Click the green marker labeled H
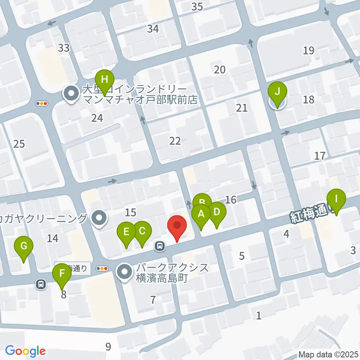coord(105,79)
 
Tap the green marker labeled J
coord(277,91)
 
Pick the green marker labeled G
coord(24,247)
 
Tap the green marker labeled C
coord(142,231)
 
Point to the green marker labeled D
coord(216,211)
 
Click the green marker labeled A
coord(201,214)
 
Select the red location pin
coord(177,225)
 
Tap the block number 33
coord(64,48)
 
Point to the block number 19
coord(309,50)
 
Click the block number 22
coord(175,141)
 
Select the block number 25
coord(19,144)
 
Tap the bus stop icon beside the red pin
coord(160,246)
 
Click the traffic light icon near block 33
coord(41,103)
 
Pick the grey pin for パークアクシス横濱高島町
coord(124,273)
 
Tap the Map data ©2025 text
coord(328,354)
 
